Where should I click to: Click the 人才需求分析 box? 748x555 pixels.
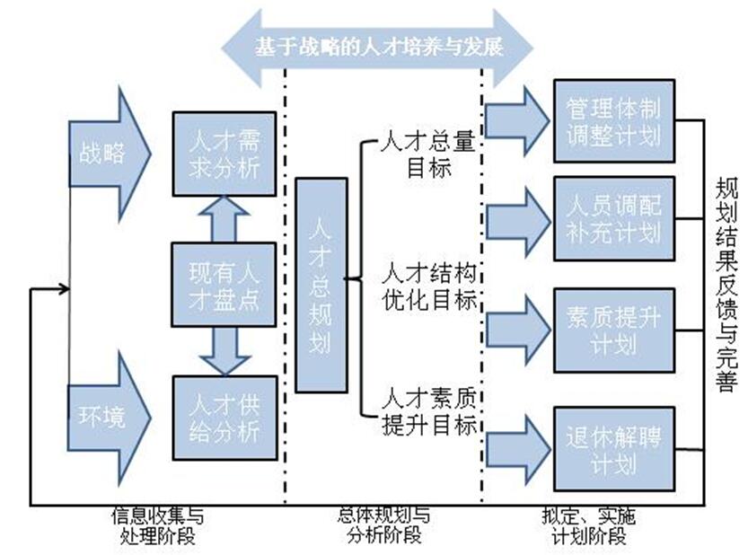[x=224, y=154]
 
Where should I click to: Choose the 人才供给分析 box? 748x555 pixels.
[x=224, y=418]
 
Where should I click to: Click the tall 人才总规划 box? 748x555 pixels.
[x=321, y=285]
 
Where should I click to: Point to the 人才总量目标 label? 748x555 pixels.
[x=427, y=154]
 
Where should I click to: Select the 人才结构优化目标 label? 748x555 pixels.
[x=427, y=286]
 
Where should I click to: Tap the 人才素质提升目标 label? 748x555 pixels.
[x=427, y=411]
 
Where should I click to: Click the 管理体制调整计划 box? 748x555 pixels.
[x=613, y=120]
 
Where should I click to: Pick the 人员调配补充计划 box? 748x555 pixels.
[x=613, y=219]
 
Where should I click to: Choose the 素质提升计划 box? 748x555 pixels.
[x=613, y=331]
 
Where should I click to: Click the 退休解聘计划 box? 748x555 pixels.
[x=613, y=449]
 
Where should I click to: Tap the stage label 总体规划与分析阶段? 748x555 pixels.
[x=383, y=526]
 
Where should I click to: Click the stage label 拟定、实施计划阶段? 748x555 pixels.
[x=590, y=526]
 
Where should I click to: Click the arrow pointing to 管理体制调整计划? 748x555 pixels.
[x=518, y=121]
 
